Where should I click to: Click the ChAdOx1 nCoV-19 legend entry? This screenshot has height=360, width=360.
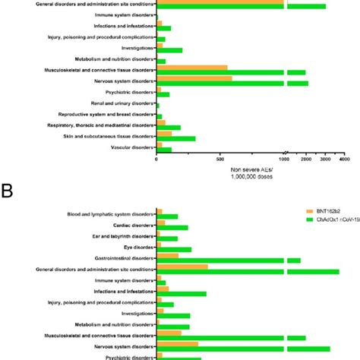coord(330,219)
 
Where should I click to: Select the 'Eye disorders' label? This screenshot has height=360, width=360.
coord(135,247)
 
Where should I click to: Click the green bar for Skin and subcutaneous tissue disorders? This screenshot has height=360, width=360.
coord(176,139)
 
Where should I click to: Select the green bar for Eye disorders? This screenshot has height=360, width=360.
coord(174,249)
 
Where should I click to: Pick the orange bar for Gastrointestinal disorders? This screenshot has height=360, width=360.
coord(168,255)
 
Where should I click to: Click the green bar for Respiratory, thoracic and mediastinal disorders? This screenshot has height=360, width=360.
coord(169,128)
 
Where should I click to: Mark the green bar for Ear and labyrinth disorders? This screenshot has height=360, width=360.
coord(167,238)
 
